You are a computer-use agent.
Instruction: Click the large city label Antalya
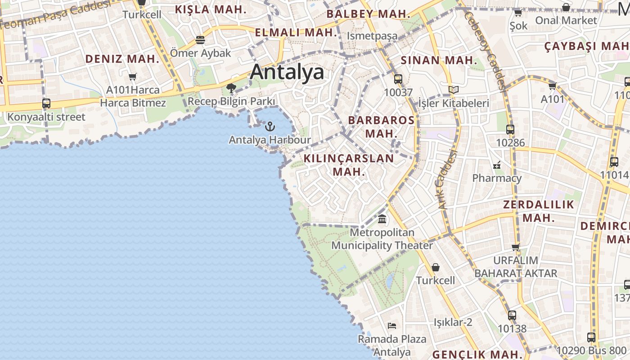click(x=287, y=72)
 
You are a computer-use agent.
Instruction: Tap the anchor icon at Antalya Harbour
click(x=270, y=126)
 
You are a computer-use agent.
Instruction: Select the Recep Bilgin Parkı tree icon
click(x=231, y=88)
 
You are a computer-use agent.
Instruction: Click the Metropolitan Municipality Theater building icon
click(x=382, y=219)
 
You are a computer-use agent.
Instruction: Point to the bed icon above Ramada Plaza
click(x=391, y=325)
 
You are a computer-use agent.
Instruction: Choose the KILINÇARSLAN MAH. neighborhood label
click(x=349, y=165)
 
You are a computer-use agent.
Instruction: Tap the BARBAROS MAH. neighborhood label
click(x=381, y=126)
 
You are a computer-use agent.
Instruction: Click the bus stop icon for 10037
click(x=398, y=79)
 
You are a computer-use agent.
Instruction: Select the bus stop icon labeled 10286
click(x=510, y=130)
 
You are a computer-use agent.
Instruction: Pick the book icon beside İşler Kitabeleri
click(x=453, y=90)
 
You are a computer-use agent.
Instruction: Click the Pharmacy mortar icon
click(x=497, y=165)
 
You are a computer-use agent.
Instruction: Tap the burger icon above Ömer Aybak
click(x=200, y=40)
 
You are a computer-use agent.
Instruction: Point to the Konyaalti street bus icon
click(x=46, y=103)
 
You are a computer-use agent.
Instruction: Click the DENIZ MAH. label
click(x=122, y=58)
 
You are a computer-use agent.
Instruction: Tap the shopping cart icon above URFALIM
click(x=516, y=247)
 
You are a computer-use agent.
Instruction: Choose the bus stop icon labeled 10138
click(x=512, y=315)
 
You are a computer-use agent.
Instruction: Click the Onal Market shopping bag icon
click(x=566, y=7)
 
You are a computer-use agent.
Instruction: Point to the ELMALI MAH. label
click(x=296, y=32)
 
